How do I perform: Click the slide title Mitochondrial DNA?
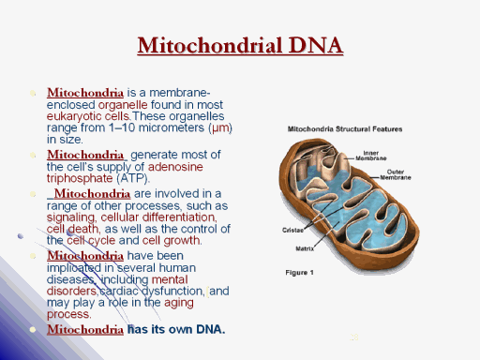click(240, 46)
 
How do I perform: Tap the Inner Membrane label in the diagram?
click(371, 156)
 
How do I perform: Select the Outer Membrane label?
click(396, 174)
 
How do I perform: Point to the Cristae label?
click(292, 230)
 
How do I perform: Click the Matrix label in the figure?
click(305, 248)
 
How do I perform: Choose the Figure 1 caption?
click(299, 273)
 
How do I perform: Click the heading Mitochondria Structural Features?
click(345, 129)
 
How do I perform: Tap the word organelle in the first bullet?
click(123, 105)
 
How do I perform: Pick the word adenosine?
click(175, 167)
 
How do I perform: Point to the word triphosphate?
click(80, 178)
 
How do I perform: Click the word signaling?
click(71, 217)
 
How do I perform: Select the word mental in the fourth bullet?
click(170, 279)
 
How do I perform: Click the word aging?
click(179, 303)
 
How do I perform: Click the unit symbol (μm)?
click(220, 128)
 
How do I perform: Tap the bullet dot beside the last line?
click(33, 329)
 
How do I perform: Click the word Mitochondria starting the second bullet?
click(85, 155)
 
